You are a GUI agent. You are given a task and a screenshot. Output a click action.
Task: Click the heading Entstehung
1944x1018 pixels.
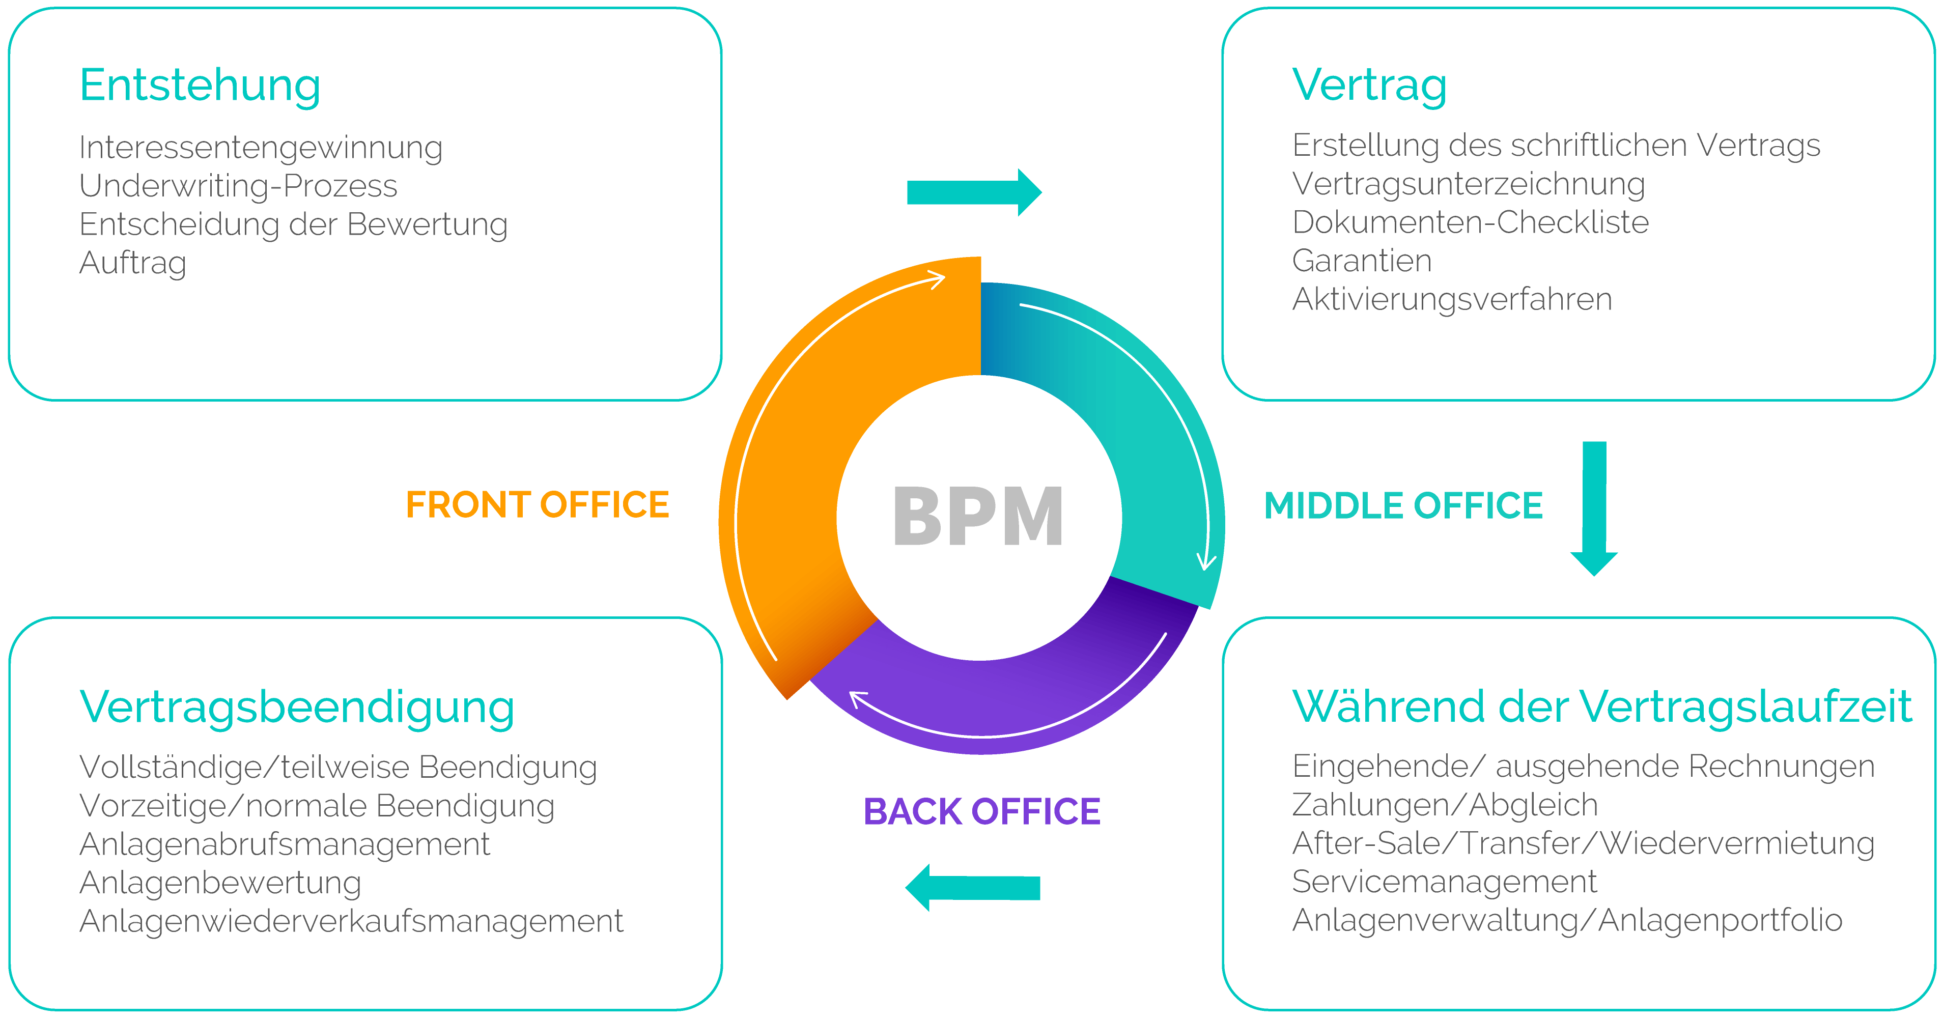point(200,86)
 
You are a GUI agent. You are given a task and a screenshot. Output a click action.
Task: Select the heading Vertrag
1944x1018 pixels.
point(1369,86)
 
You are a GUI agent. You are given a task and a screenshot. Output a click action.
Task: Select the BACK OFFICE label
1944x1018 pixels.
point(982,811)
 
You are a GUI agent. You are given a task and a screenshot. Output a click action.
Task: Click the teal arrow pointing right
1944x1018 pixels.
point(973,192)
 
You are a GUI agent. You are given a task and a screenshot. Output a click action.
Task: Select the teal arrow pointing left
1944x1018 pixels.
point(972,888)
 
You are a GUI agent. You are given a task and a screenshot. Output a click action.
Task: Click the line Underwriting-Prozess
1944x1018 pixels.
point(238,186)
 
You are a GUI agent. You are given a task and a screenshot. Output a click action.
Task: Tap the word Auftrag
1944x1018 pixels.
point(133,263)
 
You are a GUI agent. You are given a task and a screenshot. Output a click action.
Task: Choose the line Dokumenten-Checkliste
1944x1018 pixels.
point(1470,222)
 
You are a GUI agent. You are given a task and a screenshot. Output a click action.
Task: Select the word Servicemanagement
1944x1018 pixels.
point(1445,882)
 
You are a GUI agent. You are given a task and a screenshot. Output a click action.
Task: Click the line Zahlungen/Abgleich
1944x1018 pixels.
point(1445,804)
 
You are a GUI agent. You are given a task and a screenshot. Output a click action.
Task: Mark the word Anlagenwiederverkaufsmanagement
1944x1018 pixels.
point(351,921)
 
